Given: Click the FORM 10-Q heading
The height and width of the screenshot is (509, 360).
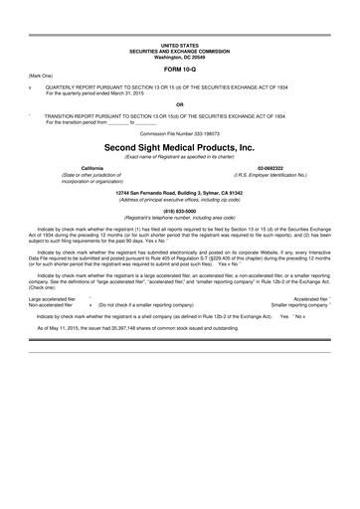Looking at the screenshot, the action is pyautogui.click(x=179, y=69).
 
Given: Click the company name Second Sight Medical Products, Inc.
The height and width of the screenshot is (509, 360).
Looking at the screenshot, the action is pyautogui.click(x=179, y=143).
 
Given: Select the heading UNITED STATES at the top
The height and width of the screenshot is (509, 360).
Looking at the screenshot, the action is pyautogui.click(x=179, y=47).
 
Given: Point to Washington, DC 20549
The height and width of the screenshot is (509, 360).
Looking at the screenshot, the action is pyautogui.click(x=179, y=58).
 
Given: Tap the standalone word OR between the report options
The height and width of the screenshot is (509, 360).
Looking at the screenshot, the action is pyautogui.click(x=179, y=103).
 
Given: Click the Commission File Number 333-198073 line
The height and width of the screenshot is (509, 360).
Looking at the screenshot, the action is pyautogui.click(x=179, y=130).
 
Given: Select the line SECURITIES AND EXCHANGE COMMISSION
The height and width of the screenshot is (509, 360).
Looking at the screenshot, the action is pyautogui.click(x=179, y=52).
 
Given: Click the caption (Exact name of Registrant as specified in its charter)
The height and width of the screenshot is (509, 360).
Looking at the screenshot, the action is pyautogui.click(x=179, y=154).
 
